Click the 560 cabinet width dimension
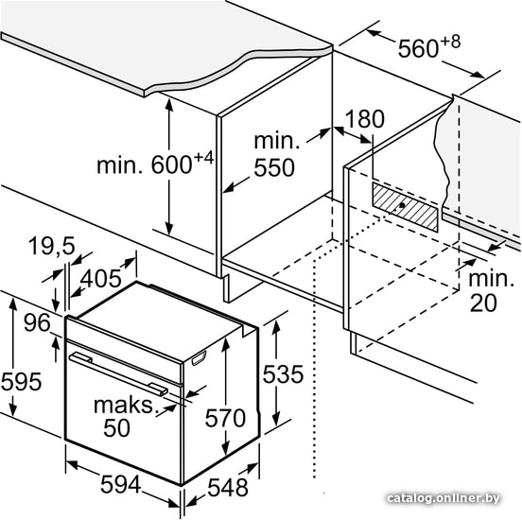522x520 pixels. [x=429, y=46]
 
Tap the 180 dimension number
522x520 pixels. [x=365, y=118]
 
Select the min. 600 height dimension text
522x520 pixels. [x=155, y=164]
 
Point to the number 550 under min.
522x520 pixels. [x=274, y=167]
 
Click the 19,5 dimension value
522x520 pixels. [x=52, y=246]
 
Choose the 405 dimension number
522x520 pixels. [x=101, y=278]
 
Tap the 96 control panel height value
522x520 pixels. [x=37, y=322]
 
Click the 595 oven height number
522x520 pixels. [x=22, y=381]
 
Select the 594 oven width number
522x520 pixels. [x=120, y=484]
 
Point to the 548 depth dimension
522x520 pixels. [x=228, y=488]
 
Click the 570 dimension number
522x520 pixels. [x=225, y=418]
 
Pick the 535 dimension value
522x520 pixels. [x=283, y=374]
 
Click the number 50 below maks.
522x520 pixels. [x=116, y=427]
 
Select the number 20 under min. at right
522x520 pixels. [x=483, y=303]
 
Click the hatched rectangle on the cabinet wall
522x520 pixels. [x=405, y=207]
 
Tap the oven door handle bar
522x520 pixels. [x=118, y=373]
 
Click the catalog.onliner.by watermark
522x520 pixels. [x=444, y=498]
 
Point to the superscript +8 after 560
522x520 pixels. [x=451, y=42]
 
